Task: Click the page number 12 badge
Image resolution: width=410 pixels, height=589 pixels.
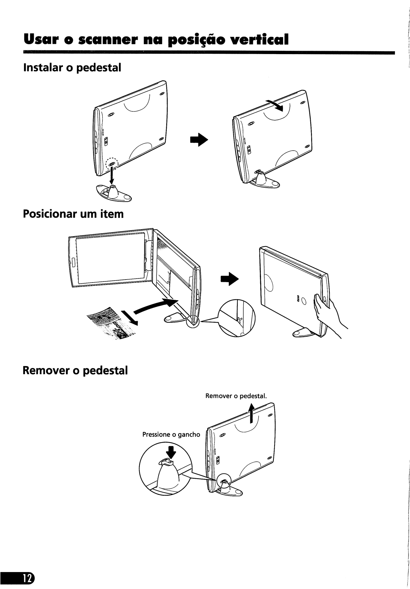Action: coord(22,568)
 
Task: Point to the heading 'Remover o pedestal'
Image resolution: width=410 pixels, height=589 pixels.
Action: coord(75,370)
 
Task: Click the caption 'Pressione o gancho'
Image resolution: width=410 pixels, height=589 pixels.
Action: coord(171,434)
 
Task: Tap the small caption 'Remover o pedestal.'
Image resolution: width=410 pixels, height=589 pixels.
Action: coord(235,396)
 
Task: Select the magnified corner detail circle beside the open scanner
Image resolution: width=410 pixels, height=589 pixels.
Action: coord(236,319)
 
